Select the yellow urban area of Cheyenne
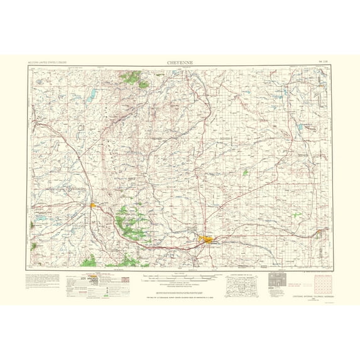click(x=207, y=239)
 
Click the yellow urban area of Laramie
click(x=94, y=204)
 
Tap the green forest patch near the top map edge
click(x=132, y=79)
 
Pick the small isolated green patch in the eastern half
click(x=246, y=172)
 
